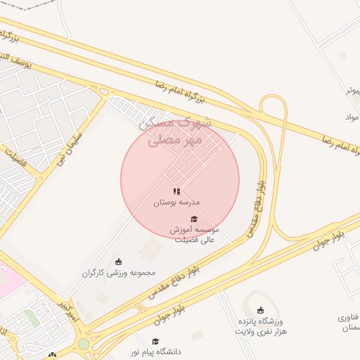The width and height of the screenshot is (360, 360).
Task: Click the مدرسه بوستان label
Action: click(x=177, y=202)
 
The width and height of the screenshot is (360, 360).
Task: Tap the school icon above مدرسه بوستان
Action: click(x=177, y=191)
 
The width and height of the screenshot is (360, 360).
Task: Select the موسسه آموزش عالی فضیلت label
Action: click(x=194, y=234)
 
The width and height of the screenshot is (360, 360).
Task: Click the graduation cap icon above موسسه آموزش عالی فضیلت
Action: click(x=194, y=219)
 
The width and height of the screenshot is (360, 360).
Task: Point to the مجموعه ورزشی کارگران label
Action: click(x=118, y=272)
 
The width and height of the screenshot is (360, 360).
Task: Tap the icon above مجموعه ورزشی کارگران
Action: click(x=118, y=262)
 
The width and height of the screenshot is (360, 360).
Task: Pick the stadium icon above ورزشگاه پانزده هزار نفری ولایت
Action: click(x=260, y=310)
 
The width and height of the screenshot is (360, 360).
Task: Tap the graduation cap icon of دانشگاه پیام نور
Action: click(x=155, y=341)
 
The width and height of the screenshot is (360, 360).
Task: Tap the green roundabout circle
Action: click(x=84, y=344)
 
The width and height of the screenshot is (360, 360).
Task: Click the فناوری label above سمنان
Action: click(x=349, y=317)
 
